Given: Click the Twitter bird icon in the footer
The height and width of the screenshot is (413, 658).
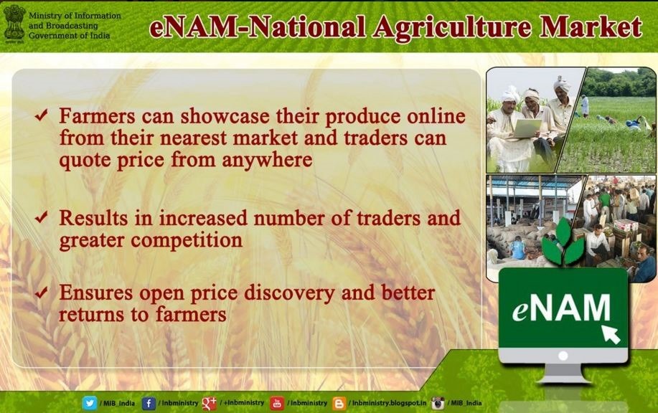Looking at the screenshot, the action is coord(90,404).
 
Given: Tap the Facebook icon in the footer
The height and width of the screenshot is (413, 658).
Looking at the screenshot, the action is coord(149,404).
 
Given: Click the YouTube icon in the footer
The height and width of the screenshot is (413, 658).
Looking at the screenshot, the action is coord(276,404).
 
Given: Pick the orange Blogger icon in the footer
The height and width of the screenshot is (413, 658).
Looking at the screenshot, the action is coord(339,404).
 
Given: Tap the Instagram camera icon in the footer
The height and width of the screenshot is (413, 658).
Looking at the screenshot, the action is coord(438,404).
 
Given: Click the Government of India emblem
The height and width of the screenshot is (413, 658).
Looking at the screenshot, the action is coord(14,23).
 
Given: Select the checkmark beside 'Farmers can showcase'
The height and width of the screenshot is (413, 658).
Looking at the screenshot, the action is coord(42,115).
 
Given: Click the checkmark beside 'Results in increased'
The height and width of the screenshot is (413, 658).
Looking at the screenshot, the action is coord(42,217).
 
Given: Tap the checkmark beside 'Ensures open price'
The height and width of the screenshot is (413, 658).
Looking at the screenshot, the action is coord(42,293).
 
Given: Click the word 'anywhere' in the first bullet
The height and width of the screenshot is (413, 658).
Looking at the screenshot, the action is coord(267,160).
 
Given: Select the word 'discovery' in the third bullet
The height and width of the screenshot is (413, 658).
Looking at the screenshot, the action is coord(289,293).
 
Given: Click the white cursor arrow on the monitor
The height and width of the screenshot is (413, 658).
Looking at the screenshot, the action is coord(611,334).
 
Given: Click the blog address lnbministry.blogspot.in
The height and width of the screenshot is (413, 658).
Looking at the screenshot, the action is coord(389,403).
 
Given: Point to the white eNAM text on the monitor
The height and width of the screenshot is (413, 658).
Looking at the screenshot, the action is coord(561,308).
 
